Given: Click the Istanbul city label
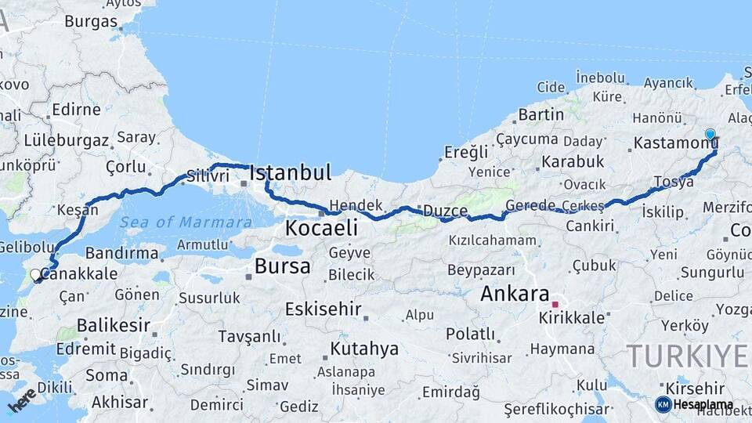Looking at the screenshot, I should tap(290, 172).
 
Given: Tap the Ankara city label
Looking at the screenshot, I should tap(514, 295).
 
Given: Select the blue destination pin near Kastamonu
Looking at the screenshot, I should tap(710, 135).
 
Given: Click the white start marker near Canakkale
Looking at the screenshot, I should tap(35, 275).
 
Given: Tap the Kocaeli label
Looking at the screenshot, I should tap(321, 228).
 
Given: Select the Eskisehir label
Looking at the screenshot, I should tap(324, 309).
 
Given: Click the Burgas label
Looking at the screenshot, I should tap(91, 21).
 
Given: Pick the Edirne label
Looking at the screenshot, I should tap(76, 110).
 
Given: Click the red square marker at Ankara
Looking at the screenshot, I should tap(555, 304).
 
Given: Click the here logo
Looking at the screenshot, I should tap(22, 400).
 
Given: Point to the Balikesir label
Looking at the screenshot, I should tap(113, 325).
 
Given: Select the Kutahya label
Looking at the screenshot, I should tap(364, 349).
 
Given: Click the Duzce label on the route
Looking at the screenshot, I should tap(445, 211).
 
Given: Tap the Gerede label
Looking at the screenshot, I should tap(530, 205).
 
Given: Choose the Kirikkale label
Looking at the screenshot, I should tap(572, 317).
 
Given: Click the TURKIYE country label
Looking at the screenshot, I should tap(687, 356).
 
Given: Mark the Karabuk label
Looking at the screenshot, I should tap(572, 161).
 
